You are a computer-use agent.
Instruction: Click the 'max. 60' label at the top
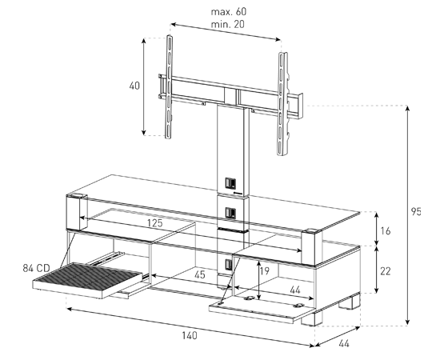tap(229, 12)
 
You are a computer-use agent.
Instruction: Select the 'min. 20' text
tap(227, 25)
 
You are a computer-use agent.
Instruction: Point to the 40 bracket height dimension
tap(134, 86)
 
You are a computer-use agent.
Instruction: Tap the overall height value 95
tap(416, 211)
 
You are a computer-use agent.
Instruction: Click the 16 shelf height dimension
tap(386, 231)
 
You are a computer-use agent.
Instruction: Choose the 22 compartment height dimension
tap(386, 271)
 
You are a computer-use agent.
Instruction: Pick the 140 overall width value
tap(190, 335)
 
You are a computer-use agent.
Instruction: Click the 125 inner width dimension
tap(155, 222)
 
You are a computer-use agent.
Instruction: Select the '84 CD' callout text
tap(36, 268)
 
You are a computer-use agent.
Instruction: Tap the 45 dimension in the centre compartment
tap(200, 274)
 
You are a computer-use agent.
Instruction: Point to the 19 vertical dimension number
tap(264, 270)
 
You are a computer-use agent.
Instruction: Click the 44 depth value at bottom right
tap(344, 343)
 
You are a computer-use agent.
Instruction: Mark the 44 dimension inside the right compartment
tap(295, 290)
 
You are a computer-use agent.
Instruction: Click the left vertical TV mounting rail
tap(169, 87)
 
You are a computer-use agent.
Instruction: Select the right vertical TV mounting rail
tap(282, 104)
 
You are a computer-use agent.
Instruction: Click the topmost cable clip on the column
tap(230, 183)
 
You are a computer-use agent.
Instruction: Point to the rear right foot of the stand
tap(350, 301)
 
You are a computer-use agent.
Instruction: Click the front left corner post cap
tap(76, 195)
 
